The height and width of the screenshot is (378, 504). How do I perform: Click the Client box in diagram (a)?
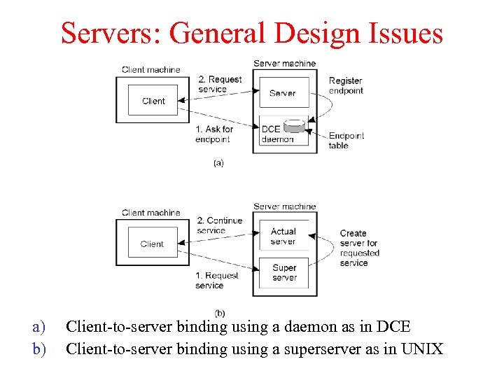point(153,100)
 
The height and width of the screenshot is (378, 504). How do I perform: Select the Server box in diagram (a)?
point(283,92)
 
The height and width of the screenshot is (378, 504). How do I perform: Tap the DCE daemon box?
point(277,133)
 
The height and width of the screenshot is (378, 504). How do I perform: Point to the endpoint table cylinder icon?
point(296,127)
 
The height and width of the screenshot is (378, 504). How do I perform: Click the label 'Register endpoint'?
point(346,85)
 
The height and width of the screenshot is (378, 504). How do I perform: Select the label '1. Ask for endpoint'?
point(213,134)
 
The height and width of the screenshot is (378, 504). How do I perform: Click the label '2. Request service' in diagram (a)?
point(220,84)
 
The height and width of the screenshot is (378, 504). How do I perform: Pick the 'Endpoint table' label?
point(346,141)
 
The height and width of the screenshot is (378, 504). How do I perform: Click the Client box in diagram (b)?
point(152,244)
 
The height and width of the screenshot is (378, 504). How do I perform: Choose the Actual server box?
point(283,237)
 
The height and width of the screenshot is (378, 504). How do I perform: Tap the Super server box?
point(284,272)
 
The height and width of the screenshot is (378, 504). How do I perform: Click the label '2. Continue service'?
point(219,225)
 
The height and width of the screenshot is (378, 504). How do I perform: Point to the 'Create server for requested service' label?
point(359,248)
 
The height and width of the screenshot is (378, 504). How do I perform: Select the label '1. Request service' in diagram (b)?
point(216,280)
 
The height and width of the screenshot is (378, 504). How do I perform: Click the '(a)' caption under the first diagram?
point(218,162)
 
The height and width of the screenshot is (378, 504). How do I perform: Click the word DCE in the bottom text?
point(394,326)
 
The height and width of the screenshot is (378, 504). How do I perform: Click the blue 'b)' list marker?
point(38,348)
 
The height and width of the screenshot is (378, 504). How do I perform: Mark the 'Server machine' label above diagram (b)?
point(284,206)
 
